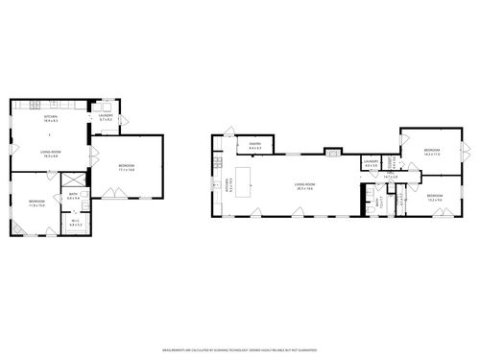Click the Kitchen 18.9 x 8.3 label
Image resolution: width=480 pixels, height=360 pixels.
point(51,120)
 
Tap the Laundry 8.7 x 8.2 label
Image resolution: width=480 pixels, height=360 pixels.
point(108,118)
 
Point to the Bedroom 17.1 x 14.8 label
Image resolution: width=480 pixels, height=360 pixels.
point(127,167)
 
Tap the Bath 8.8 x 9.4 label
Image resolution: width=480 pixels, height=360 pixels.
point(73,196)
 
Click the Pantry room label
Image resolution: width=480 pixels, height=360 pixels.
point(254,147)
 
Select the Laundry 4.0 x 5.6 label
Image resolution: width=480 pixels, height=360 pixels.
point(371,164)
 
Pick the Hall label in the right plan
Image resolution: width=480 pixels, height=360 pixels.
point(391,177)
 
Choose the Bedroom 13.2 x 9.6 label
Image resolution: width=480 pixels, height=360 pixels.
point(434,197)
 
